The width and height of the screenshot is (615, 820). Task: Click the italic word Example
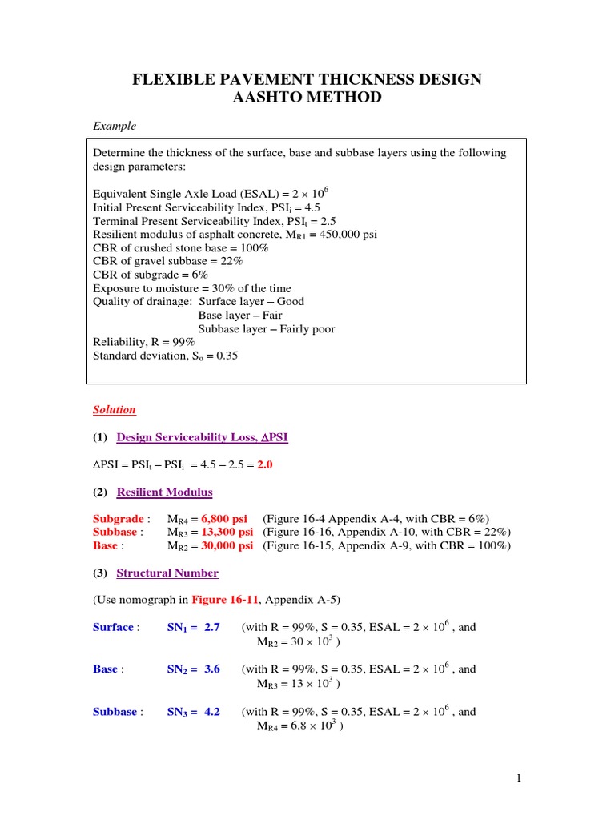pos(115,126)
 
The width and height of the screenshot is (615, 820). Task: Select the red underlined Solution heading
pos(115,410)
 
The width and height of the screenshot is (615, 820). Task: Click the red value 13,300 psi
pos(227,533)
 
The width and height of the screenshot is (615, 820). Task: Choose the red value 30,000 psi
pos(227,546)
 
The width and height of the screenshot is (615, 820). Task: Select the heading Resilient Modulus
pos(164,492)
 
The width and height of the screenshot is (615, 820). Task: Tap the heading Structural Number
pos(167,573)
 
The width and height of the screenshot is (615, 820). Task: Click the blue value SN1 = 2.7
pos(193,627)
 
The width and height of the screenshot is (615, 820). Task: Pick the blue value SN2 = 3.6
pos(193,669)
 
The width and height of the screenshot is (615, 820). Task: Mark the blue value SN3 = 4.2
pos(193,712)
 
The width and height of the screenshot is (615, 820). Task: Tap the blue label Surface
pos(113,627)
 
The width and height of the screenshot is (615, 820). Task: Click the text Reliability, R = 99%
pos(143,343)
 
